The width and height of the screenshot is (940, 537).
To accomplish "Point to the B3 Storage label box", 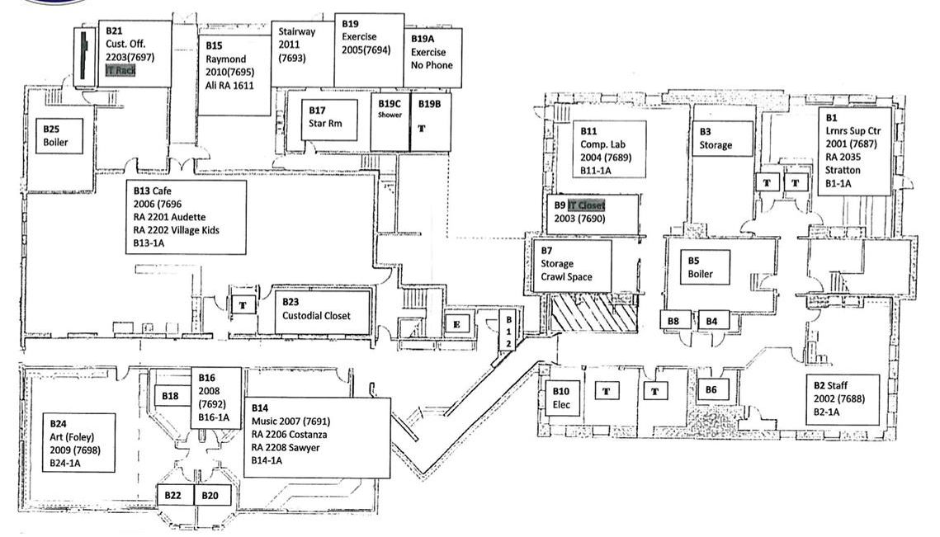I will (x=722, y=139).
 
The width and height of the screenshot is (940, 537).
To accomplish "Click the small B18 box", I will (x=170, y=396).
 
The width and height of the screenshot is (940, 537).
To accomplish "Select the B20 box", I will (x=212, y=495).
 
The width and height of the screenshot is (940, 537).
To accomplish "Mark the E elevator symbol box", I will (x=456, y=324).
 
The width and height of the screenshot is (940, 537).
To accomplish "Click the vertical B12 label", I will (x=509, y=330).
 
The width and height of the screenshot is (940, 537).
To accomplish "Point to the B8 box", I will (x=674, y=320).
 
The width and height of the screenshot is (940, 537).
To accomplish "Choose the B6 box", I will (x=711, y=390).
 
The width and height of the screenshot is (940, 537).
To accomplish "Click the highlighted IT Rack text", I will (x=120, y=72).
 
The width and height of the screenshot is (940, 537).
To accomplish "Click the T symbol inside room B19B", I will (x=422, y=129).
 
